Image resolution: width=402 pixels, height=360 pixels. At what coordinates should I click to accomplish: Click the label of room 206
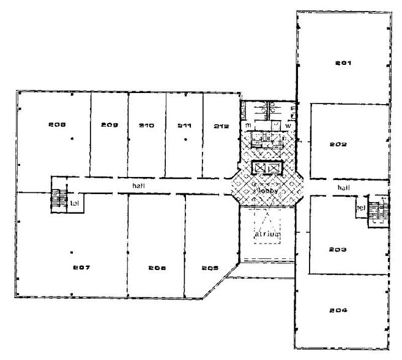pyautogui.click(x=157, y=268)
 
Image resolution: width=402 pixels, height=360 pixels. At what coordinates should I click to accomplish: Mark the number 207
pyautogui.click(x=82, y=268)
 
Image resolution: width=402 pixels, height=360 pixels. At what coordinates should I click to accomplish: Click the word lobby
pyautogui.click(x=268, y=190)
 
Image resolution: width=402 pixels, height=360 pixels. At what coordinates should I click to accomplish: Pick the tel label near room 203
pyautogui.click(x=361, y=208)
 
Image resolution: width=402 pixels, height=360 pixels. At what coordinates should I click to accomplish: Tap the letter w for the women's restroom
pyautogui.click(x=288, y=126)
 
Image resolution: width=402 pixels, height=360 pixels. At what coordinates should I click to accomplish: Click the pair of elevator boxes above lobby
pyautogui.click(x=267, y=167)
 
